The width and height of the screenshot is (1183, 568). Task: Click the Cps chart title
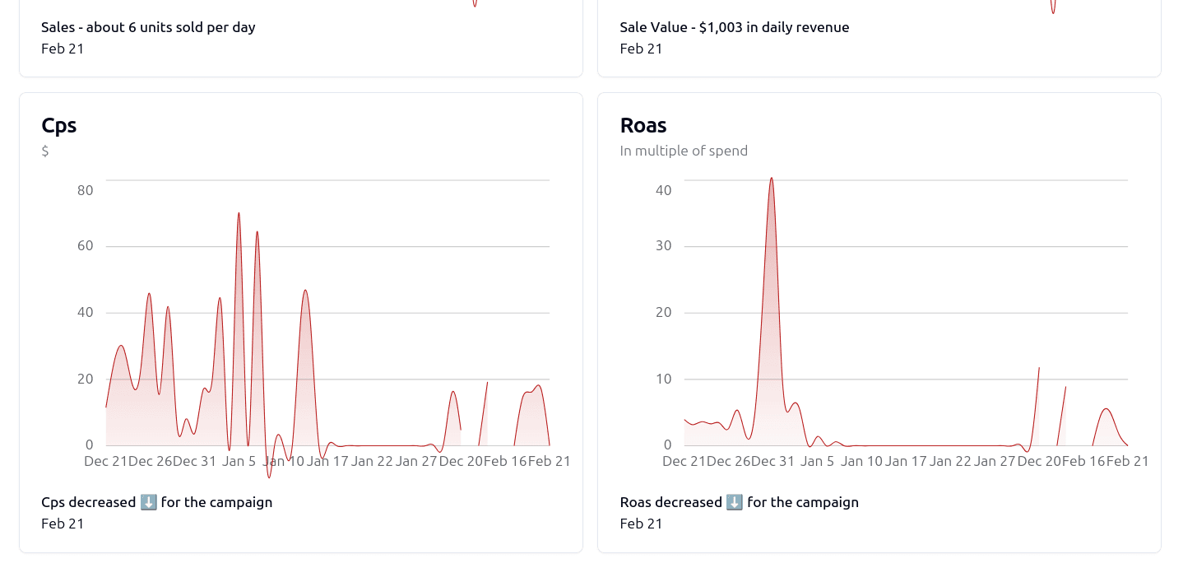click(59, 126)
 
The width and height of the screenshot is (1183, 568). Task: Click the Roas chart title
click(643, 126)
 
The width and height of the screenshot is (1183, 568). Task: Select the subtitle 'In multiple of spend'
click(684, 151)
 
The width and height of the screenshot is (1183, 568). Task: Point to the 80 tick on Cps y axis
click(85, 190)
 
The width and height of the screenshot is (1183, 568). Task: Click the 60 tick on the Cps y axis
click(85, 246)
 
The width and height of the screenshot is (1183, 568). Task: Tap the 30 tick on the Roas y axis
click(663, 246)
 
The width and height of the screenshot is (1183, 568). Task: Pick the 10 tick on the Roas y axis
click(663, 379)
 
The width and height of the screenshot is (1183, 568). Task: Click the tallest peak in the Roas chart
click(771, 179)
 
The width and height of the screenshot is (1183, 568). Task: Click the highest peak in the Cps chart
click(239, 213)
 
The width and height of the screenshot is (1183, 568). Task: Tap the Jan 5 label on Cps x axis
click(239, 461)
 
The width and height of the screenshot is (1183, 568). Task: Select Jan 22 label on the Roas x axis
click(950, 461)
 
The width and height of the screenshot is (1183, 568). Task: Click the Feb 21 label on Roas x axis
click(1128, 461)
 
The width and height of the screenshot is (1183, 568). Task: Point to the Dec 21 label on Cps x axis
click(105, 461)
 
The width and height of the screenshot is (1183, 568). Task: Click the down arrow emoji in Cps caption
click(148, 502)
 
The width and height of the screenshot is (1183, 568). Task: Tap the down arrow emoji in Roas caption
click(735, 502)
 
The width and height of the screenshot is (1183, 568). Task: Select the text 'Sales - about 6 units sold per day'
click(148, 27)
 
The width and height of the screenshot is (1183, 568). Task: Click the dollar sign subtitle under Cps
click(45, 151)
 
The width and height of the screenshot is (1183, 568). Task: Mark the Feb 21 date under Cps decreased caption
click(63, 524)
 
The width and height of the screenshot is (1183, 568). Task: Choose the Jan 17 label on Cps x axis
click(327, 461)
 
